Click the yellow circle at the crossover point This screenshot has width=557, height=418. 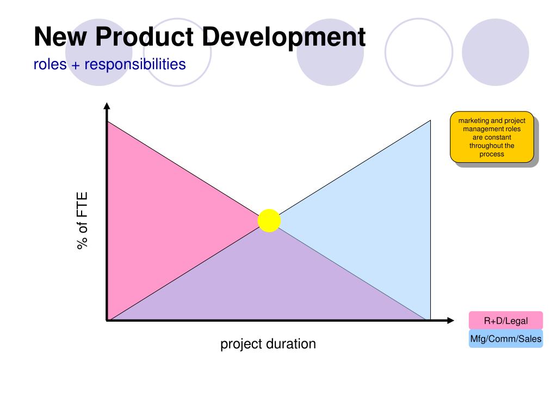(x=269, y=221)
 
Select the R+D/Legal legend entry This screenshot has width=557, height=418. (x=506, y=321)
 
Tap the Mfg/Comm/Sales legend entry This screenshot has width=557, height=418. (x=506, y=339)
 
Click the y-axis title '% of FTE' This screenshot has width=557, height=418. (x=82, y=221)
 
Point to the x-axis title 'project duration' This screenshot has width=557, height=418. (x=268, y=344)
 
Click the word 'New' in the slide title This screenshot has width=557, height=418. (x=60, y=36)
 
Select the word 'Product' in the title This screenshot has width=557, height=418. (x=144, y=36)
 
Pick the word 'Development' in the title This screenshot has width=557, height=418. (x=284, y=38)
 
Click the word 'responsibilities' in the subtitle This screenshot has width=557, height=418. (x=135, y=64)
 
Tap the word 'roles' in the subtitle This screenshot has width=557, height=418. (x=50, y=65)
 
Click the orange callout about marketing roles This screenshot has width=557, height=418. (x=492, y=137)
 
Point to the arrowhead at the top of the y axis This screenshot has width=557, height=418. (x=107, y=106)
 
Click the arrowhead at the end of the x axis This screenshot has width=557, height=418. (x=450, y=321)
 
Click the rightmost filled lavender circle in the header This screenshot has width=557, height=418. (x=495, y=52)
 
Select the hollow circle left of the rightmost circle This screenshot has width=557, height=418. (x=385, y=52)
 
